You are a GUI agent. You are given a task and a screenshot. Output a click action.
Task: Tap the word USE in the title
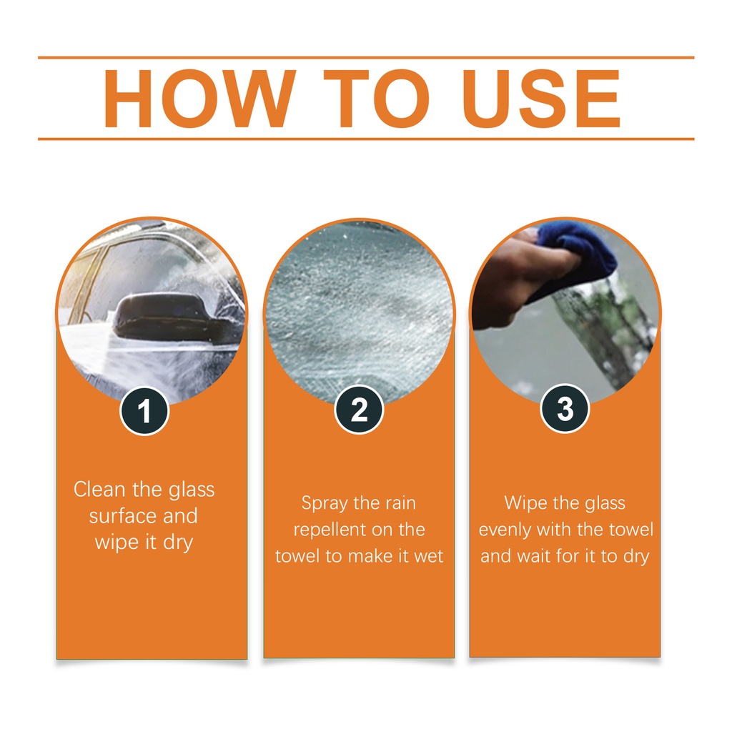(x=541, y=99)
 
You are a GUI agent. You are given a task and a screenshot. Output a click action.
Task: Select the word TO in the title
(x=376, y=99)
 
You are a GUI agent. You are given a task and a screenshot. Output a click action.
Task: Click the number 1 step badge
(x=144, y=411)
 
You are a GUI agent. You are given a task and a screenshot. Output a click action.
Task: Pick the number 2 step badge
(x=359, y=410)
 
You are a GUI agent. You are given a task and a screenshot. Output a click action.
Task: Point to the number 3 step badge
(x=565, y=408)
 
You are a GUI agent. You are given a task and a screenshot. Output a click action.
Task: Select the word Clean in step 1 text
(x=99, y=489)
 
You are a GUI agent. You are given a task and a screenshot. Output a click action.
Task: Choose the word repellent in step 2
(x=330, y=530)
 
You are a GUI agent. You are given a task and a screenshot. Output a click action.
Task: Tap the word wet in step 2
(x=428, y=556)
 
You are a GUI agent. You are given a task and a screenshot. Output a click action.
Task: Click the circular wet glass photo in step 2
(x=359, y=314)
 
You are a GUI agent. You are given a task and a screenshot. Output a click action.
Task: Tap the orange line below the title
(x=366, y=139)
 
